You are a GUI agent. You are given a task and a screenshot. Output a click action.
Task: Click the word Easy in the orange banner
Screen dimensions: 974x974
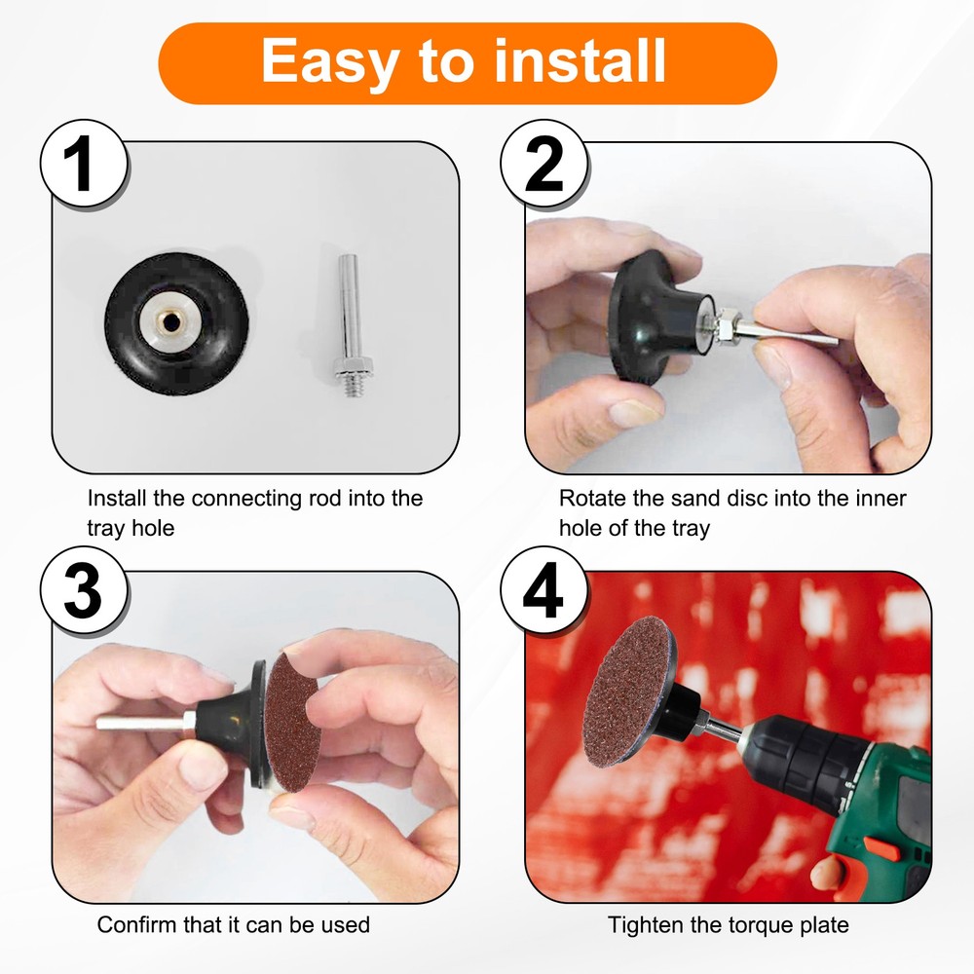329,62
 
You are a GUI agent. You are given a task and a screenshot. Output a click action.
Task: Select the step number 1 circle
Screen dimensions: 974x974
85,164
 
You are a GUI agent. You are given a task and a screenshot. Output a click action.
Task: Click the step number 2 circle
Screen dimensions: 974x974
544,164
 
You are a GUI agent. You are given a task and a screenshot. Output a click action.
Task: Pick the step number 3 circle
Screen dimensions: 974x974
85,591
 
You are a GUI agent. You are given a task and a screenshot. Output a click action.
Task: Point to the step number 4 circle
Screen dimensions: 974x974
544,591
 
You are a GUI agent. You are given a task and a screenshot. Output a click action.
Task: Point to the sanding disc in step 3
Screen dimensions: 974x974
290,722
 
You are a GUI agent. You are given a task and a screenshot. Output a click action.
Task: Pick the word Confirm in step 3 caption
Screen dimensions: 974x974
137,925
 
